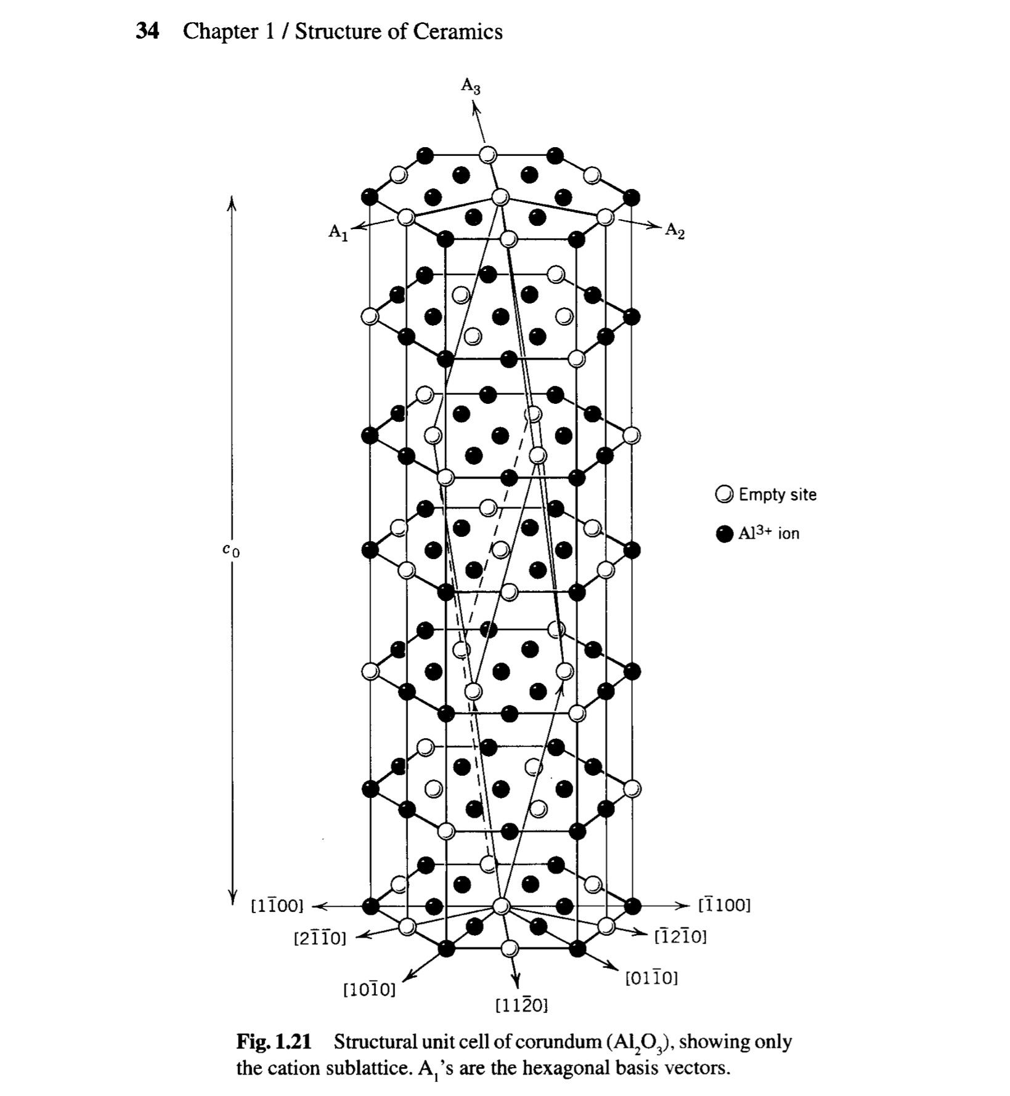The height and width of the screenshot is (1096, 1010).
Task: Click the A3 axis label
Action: click(471, 85)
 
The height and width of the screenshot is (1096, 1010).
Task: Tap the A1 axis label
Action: click(338, 232)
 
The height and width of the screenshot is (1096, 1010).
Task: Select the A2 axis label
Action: click(675, 232)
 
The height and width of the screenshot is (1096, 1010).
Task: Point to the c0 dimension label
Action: click(232, 549)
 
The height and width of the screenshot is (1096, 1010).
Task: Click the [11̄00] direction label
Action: click(277, 906)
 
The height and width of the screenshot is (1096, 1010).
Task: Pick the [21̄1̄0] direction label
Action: click(320, 938)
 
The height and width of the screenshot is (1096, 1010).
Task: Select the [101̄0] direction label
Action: click(369, 989)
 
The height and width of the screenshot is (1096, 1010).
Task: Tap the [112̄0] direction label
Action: click(521, 1005)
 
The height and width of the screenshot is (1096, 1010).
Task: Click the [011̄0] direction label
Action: click(651, 978)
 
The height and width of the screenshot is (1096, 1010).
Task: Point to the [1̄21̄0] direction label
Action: click(680, 937)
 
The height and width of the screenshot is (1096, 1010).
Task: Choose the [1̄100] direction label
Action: click(725, 905)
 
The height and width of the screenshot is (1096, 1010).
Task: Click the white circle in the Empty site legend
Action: click(725, 494)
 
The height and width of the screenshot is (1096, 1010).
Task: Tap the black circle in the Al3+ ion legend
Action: click(725, 533)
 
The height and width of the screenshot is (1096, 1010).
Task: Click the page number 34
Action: click(147, 31)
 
